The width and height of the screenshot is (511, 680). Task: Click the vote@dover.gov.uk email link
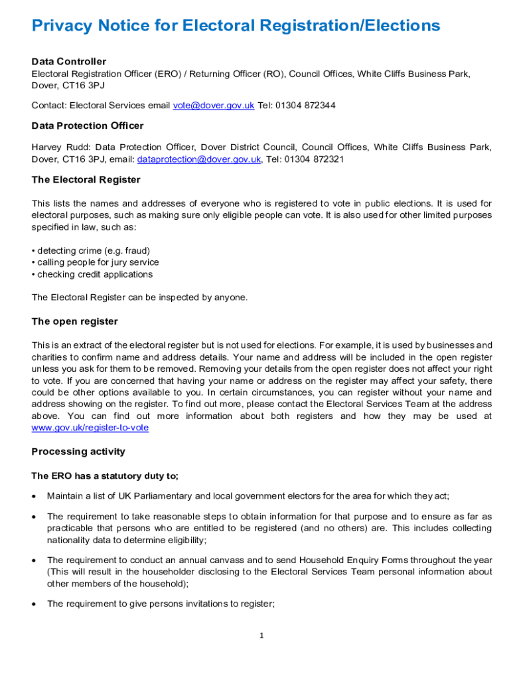coord(213,106)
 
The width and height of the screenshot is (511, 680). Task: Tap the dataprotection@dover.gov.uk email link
coord(198,159)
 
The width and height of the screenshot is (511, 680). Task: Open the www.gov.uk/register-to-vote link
coord(90,428)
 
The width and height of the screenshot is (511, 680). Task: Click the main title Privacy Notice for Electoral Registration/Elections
coord(236,26)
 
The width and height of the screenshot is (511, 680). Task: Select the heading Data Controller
coord(69,62)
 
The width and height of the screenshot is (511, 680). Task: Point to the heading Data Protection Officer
coord(88,126)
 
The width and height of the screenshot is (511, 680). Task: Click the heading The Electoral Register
coord(86,180)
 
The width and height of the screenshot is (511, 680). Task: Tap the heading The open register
coord(75,321)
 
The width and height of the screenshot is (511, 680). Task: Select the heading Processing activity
coord(78,452)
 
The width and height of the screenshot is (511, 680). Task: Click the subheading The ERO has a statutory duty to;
coord(106,476)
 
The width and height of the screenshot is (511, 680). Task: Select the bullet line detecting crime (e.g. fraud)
coord(91,250)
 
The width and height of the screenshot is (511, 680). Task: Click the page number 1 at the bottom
coord(261,636)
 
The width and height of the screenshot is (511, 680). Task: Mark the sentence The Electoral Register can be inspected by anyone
coord(139,297)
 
